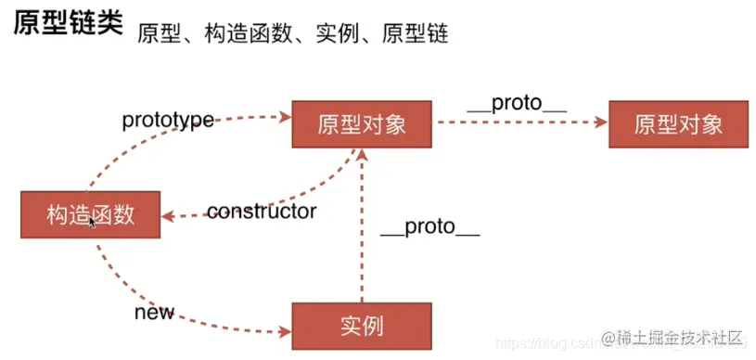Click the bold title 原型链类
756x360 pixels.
click(x=67, y=25)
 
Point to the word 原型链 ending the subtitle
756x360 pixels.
click(x=418, y=34)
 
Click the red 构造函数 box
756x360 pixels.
click(x=90, y=215)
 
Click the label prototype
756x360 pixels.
click(x=168, y=120)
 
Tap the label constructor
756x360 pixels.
click(x=262, y=212)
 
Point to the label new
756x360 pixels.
click(x=154, y=312)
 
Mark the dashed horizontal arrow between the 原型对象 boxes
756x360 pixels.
click(x=519, y=122)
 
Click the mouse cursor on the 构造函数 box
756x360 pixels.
click(x=92, y=221)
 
